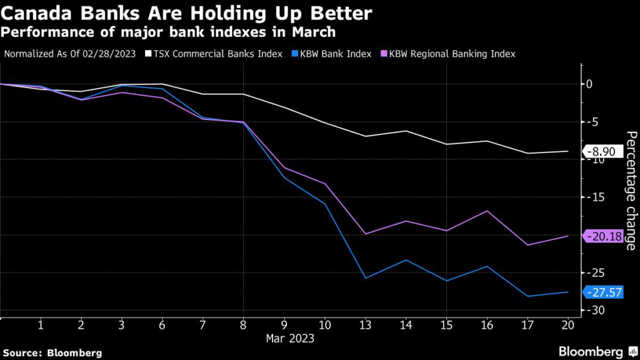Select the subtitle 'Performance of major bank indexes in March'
click(x=169, y=31)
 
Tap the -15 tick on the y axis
click(x=596, y=197)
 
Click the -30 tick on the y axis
click(x=596, y=311)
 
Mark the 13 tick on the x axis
click(x=365, y=326)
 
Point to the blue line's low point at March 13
click(x=365, y=277)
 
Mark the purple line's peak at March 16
click(x=487, y=211)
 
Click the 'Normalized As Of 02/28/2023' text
click(x=70, y=54)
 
